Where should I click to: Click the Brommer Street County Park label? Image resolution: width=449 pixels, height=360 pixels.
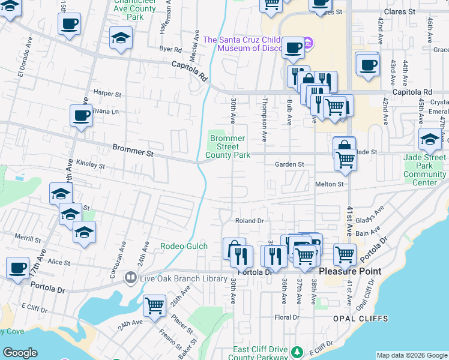pos(228,147)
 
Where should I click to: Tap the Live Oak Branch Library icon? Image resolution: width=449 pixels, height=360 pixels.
pos(130,278)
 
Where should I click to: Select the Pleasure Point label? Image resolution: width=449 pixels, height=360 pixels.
pos(349,271)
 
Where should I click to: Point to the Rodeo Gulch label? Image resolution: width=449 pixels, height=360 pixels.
pos(184,246)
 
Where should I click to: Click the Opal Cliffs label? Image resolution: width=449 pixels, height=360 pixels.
pos(364,319)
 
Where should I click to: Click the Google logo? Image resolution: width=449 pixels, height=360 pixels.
pos(20,353)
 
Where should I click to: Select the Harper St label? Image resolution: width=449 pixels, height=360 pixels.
pos(107,94)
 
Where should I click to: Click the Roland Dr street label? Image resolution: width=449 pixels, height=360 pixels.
pos(249,221)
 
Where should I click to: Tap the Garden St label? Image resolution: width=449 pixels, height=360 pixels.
pos(290,164)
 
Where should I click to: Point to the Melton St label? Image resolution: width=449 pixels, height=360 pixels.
pos(329,184)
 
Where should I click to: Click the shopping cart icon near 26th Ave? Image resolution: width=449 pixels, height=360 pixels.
pos(155,305)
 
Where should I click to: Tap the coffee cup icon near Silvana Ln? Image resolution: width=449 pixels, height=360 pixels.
pos(81,115)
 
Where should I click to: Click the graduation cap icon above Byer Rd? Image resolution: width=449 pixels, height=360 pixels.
pos(121,38)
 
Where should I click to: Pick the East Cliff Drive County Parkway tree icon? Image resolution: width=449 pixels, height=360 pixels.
pos(295,350)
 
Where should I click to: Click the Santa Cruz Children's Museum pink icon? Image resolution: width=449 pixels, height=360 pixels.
pos(308,43)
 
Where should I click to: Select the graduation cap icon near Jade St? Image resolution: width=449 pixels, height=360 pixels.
pos(430,140)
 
